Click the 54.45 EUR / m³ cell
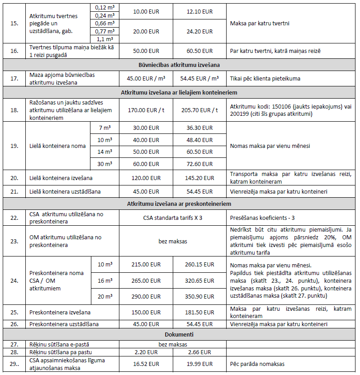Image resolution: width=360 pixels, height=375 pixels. tap(199, 78)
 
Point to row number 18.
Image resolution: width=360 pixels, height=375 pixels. tap(15, 109)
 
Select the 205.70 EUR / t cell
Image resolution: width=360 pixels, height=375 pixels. tap(199, 109)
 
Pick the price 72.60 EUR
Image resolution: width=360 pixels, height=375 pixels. tap(199, 164)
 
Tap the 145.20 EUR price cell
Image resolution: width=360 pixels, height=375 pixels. tap(199, 178)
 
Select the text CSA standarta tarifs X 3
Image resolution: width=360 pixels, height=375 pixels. tap(172, 218)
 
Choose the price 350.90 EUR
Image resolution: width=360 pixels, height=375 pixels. tap(199, 296)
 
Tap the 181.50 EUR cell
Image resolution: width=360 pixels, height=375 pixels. tap(199, 312)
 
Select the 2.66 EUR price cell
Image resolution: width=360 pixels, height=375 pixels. tap(199, 351)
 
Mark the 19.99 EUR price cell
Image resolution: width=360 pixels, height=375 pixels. tap(199, 363)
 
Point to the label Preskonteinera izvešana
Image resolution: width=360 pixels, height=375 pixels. tap(60, 312)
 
